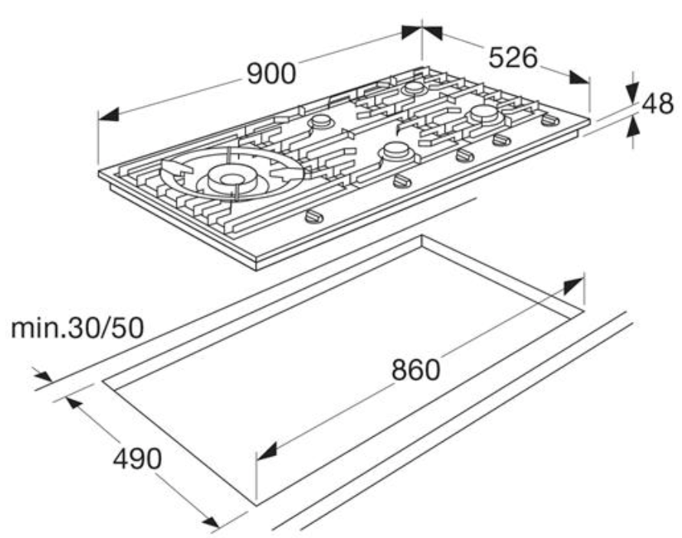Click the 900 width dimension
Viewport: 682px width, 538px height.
pyautogui.click(x=271, y=73)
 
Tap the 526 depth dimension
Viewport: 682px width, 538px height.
pyautogui.click(x=513, y=57)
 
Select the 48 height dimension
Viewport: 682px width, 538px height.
pyautogui.click(x=657, y=104)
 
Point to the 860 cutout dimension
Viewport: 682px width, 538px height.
pyautogui.click(x=416, y=369)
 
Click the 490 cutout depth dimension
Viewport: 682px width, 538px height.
pyautogui.click(x=137, y=458)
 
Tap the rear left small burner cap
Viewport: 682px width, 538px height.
pyautogui.click(x=321, y=121)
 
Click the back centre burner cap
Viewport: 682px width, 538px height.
pyautogui.click(x=413, y=87)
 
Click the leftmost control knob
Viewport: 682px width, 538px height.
pyautogui.click(x=314, y=216)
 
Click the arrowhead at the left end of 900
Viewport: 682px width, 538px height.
pyautogui.click(x=109, y=114)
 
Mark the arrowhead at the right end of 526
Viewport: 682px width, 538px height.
pyautogui.click(x=579, y=78)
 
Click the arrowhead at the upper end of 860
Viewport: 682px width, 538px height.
pyautogui.click(x=573, y=287)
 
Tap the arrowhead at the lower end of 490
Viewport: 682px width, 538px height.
pyautogui.click(x=209, y=521)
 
